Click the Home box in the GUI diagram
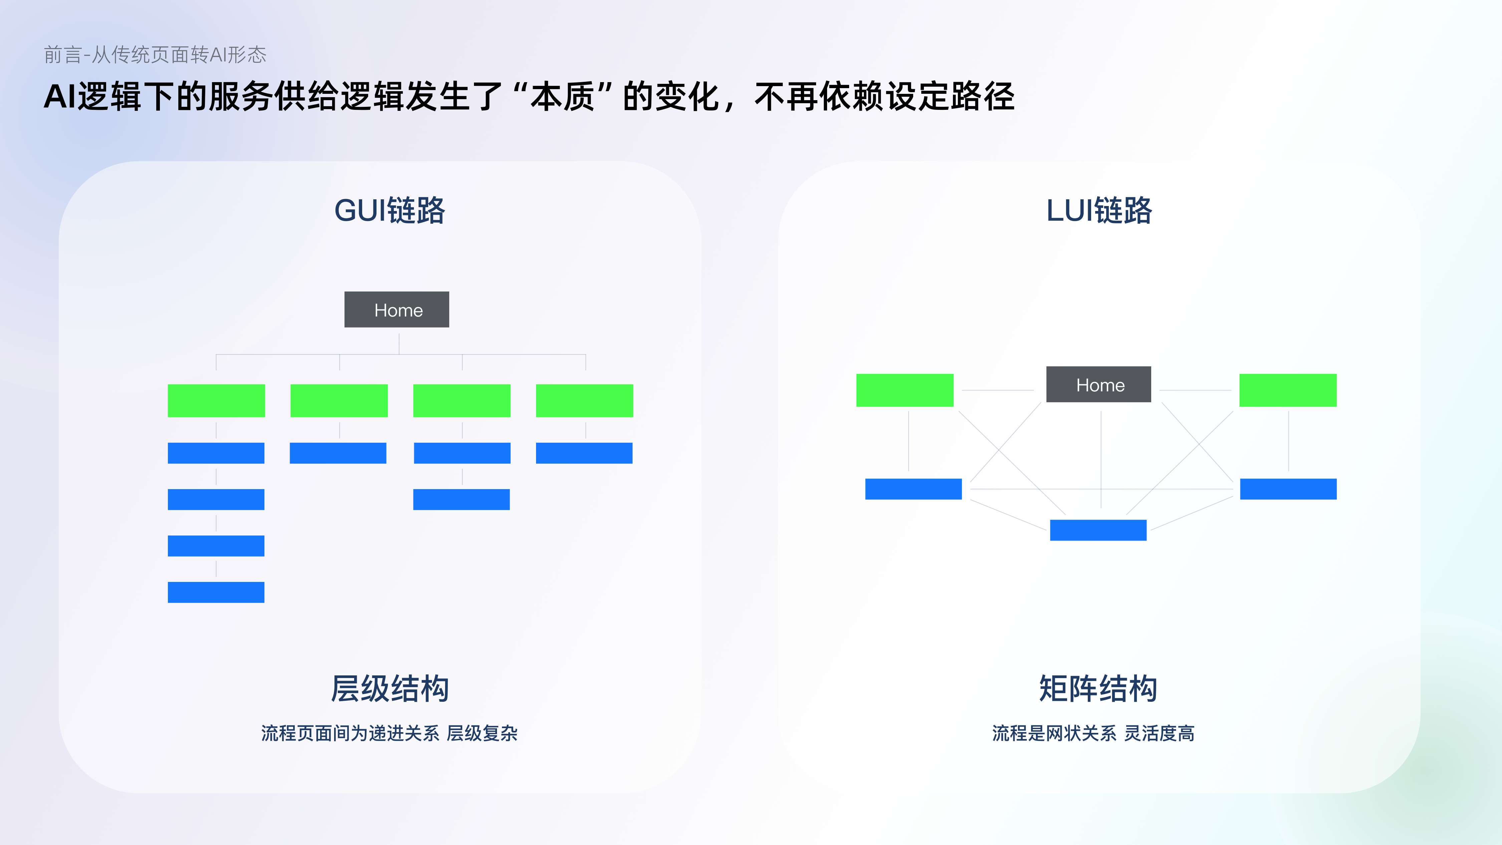[397, 310]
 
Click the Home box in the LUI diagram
[1098, 384]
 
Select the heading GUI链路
[390, 211]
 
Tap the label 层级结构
[390, 689]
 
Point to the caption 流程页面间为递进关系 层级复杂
[390, 733]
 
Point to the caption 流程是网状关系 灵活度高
[1093, 733]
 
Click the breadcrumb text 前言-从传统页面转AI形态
[155, 55]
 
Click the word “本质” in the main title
[563, 97]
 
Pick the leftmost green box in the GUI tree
[216, 401]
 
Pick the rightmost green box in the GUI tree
[584, 401]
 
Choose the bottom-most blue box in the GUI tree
[216, 593]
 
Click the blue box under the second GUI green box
[338, 453]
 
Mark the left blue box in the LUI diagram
[913, 489]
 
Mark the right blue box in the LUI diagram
[1288, 489]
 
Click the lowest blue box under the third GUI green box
[461, 500]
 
